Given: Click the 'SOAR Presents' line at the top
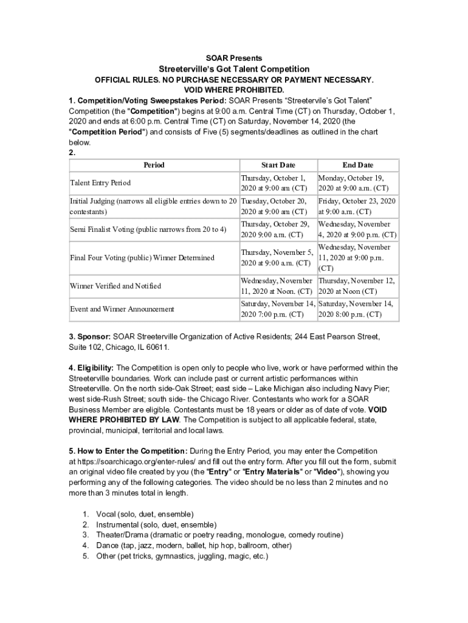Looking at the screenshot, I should coord(234,58).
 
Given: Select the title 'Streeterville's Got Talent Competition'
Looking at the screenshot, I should coord(234,69).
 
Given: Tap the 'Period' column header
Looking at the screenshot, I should coord(154,165).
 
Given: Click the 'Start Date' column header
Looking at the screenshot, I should coord(278,165).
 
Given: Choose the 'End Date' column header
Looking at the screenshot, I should coord(357,165).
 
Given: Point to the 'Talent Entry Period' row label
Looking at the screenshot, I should coord(100,183).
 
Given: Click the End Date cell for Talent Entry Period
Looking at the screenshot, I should coord(357,183).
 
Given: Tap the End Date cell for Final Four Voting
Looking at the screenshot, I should coord(357,257).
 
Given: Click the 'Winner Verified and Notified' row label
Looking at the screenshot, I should coord(115,286).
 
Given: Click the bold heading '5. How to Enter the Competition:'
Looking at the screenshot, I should coord(128,451).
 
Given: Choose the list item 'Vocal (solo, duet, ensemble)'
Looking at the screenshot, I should coord(145,514).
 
